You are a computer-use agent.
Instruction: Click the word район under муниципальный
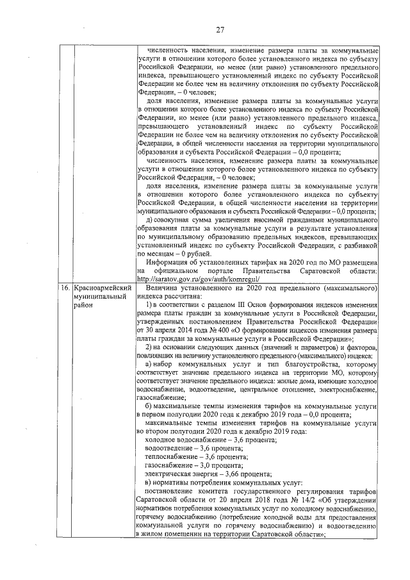(x=84, y=306)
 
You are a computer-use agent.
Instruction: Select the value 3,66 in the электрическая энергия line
(x=218, y=473)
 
